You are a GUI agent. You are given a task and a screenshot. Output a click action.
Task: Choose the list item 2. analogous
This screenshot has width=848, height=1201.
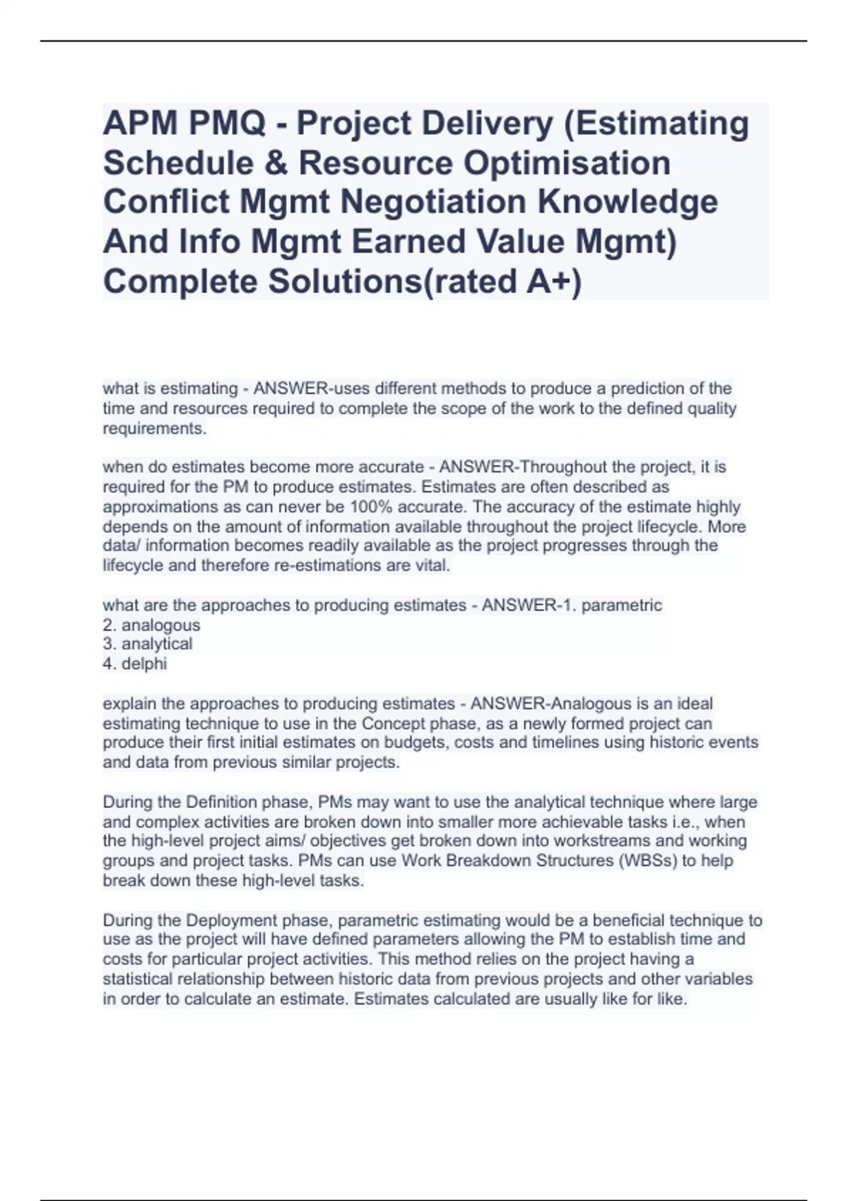pyautogui.click(x=152, y=625)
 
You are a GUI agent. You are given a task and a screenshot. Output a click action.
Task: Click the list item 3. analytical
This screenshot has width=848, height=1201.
pyautogui.click(x=148, y=644)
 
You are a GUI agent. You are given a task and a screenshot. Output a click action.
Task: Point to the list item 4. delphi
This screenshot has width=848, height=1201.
pyautogui.click(x=135, y=664)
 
